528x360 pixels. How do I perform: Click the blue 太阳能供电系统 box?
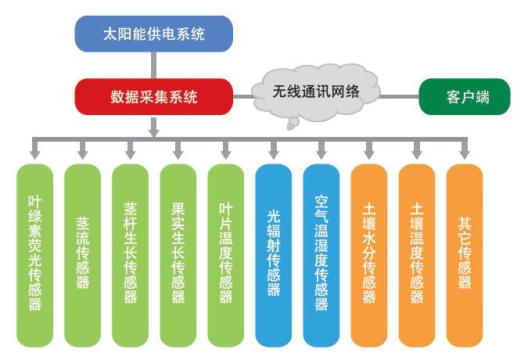coord(153,34)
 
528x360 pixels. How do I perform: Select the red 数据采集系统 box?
coord(153,97)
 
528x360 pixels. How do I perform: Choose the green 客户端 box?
coord(465,97)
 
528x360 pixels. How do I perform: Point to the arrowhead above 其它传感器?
coord(465,155)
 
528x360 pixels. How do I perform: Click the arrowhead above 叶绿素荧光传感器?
coord(34,155)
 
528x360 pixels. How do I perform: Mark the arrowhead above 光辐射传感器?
coord(273,155)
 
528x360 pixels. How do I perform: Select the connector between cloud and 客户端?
coord(399,97)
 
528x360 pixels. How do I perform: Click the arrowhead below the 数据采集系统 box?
coord(153,131)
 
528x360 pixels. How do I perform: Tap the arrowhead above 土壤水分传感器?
coord(368,155)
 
